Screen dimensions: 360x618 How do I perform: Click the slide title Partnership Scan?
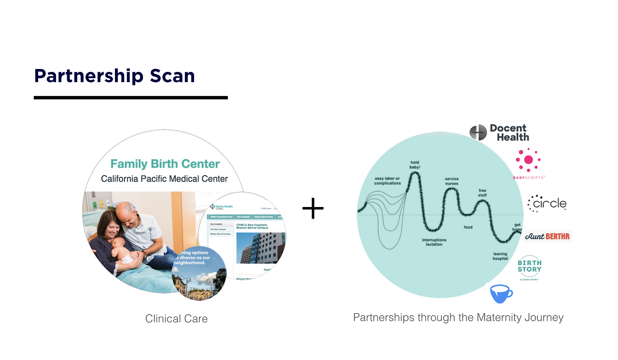click(x=114, y=76)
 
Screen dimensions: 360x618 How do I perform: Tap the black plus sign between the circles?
click(x=313, y=208)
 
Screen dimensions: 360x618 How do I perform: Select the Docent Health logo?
click(x=499, y=132)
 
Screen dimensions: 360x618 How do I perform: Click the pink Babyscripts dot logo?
click(x=528, y=160)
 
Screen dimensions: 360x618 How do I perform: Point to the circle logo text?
click(x=547, y=204)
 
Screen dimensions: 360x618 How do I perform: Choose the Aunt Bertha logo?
click(x=548, y=236)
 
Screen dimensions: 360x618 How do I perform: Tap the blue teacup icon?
click(x=501, y=293)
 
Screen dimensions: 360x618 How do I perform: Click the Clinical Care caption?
click(x=176, y=319)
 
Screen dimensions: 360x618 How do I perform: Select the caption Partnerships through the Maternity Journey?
click(x=458, y=318)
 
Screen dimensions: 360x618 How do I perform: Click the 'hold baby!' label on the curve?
click(x=415, y=165)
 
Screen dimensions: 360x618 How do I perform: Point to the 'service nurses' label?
click(x=451, y=181)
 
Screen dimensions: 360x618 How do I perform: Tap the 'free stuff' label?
click(x=482, y=193)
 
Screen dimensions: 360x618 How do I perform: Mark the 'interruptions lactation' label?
click(x=434, y=242)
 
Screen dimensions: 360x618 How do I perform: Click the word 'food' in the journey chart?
click(x=468, y=227)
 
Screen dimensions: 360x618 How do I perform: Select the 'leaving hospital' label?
click(x=500, y=256)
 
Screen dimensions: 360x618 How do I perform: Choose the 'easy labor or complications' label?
click(x=387, y=181)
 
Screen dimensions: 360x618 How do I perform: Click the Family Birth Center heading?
click(x=165, y=164)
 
